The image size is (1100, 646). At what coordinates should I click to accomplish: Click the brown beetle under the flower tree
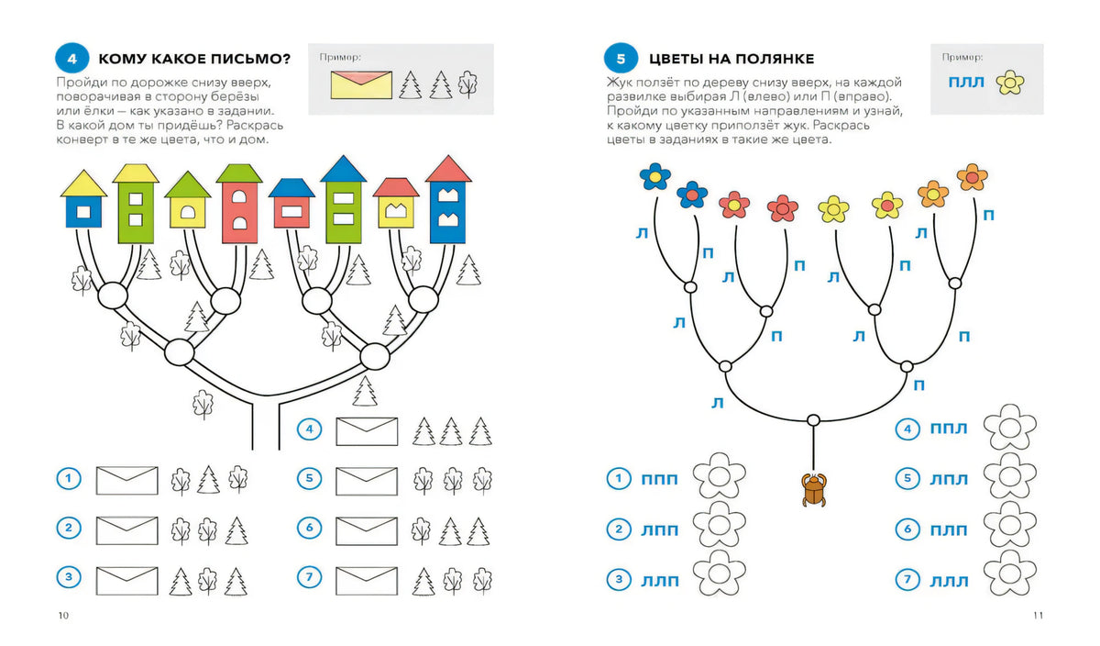click(x=814, y=489)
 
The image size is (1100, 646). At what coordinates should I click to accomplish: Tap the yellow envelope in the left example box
click(x=361, y=85)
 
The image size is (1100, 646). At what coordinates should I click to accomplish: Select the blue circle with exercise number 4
click(x=72, y=59)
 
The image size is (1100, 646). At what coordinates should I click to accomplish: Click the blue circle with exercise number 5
click(x=621, y=59)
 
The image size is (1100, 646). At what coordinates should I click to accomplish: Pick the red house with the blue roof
click(x=291, y=204)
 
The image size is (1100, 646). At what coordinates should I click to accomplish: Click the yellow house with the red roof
click(x=396, y=203)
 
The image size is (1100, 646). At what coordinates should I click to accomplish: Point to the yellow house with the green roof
click(x=188, y=200)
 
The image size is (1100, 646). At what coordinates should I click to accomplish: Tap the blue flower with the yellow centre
click(x=655, y=176)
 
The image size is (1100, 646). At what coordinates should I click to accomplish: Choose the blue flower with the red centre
click(x=692, y=195)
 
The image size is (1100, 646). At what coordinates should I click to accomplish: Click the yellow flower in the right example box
click(x=1010, y=83)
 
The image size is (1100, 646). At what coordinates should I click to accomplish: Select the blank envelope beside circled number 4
click(x=367, y=431)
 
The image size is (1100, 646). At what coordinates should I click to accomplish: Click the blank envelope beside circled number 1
click(x=126, y=480)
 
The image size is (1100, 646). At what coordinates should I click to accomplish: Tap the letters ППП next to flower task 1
click(x=659, y=479)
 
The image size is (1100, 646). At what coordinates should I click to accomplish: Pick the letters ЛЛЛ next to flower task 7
click(x=949, y=582)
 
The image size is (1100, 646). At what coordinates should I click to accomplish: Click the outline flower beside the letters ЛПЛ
click(x=1010, y=476)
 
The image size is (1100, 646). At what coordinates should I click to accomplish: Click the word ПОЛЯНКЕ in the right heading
click(x=775, y=59)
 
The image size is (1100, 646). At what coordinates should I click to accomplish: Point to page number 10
click(x=63, y=616)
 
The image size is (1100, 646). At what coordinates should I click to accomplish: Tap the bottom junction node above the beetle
click(x=813, y=420)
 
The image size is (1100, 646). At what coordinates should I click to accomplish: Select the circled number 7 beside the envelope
click(x=310, y=577)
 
